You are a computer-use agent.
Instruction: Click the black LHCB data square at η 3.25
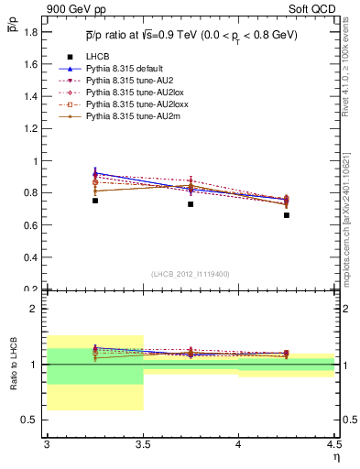click(x=94, y=200)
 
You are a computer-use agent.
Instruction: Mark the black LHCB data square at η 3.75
click(x=191, y=204)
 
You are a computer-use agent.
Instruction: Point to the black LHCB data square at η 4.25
click(x=287, y=215)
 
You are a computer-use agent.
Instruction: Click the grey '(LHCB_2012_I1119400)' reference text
click(x=191, y=274)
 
